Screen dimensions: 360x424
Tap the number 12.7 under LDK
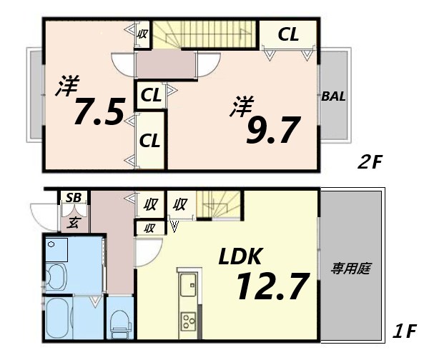tap(272, 286)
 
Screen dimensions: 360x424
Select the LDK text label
tap(243, 256)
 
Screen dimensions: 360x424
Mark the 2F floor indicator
tap(371, 162)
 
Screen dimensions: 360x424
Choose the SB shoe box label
tap(73, 198)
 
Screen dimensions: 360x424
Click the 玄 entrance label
tap(74, 222)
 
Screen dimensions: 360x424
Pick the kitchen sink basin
tap(189, 287)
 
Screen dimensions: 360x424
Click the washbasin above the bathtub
tap(56, 275)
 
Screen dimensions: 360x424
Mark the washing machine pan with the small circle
tap(56, 250)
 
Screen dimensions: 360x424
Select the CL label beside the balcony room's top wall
tap(287, 34)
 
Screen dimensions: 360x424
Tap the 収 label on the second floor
tap(142, 34)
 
